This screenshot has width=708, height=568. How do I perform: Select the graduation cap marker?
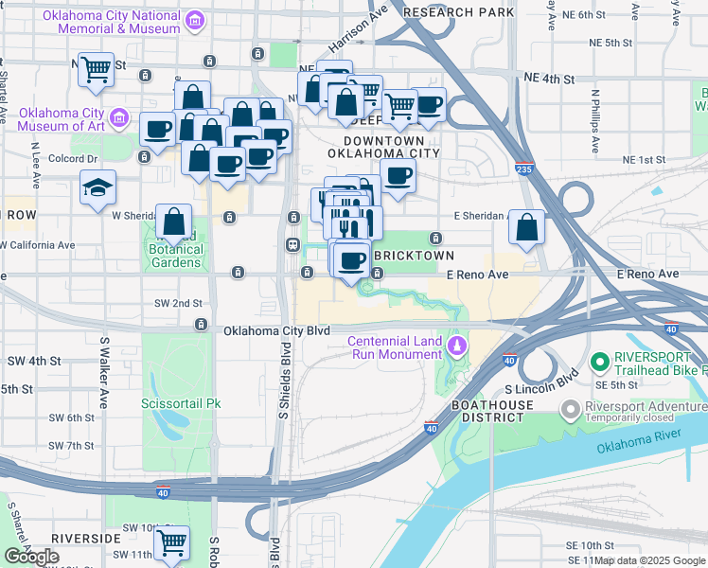pyautogui.click(x=97, y=187)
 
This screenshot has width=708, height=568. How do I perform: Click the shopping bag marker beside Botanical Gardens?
pyautogui.click(x=174, y=223)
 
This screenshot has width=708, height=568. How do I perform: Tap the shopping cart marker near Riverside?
pyautogui.click(x=171, y=542)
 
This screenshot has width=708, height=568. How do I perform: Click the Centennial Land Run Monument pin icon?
pyautogui.click(x=457, y=346)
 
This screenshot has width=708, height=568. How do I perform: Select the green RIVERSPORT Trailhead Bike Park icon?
pyautogui.click(x=598, y=361)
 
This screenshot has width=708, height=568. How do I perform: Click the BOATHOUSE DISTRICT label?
pyautogui.click(x=530, y=412)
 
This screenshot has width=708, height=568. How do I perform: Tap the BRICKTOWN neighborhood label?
pyautogui.click(x=415, y=256)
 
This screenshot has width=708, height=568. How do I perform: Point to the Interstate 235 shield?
pyautogui.click(x=524, y=169)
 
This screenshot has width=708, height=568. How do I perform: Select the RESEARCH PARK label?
pyautogui.click(x=458, y=11)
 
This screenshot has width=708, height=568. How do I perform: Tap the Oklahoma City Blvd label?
pyautogui.click(x=276, y=330)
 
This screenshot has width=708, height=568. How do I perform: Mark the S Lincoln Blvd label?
pyautogui.click(x=540, y=389)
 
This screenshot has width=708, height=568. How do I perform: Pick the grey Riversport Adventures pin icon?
pyautogui.click(x=570, y=410)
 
